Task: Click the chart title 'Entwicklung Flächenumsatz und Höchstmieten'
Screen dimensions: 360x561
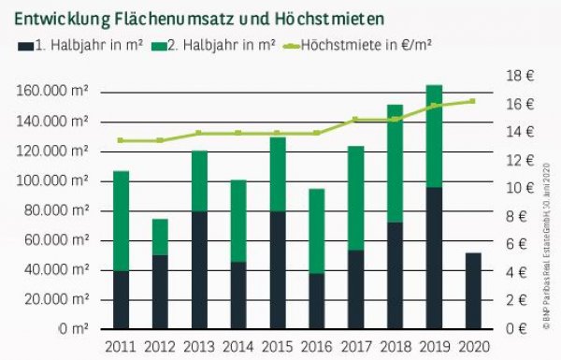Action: [199, 17]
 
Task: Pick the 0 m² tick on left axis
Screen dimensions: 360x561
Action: [74, 329]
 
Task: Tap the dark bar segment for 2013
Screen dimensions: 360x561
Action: [200, 270]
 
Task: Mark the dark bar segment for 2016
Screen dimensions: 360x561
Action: [318, 300]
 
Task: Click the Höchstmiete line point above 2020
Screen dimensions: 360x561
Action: [472, 101]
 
